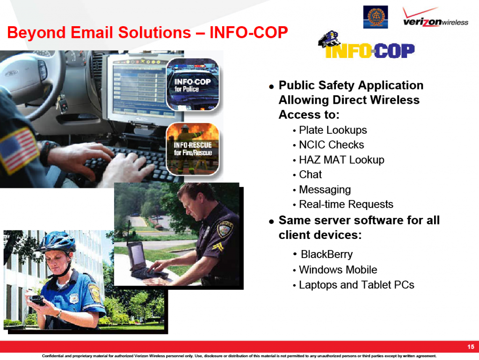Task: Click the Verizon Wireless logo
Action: [435, 17]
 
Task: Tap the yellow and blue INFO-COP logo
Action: [367, 45]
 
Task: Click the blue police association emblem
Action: [376, 17]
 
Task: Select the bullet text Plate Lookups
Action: [333, 130]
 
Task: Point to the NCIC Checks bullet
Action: [332, 145]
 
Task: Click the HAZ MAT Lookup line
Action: [341, 160]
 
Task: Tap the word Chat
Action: [311, 174]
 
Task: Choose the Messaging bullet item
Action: [325, 190]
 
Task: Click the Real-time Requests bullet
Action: [346, 204]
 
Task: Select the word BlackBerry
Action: [327, 254]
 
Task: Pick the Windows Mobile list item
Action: [338, 270]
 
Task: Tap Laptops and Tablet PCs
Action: [356, 285]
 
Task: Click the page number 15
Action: [471, 347]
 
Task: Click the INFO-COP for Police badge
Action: [193, 85]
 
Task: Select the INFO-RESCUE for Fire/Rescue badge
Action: [193, 149]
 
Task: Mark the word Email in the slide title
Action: [92, 32]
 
